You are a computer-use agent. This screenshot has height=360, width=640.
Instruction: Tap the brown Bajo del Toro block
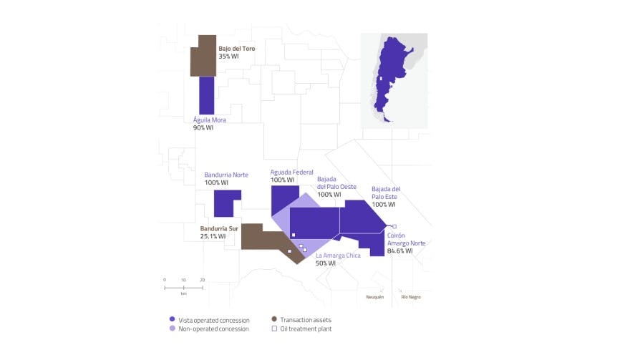pos(204,56)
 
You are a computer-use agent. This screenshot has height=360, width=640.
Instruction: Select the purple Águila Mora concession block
pos(206,94)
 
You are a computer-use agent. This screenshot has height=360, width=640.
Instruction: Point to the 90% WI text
pos(203,128)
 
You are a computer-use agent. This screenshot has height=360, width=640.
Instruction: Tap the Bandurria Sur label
pos(219,229)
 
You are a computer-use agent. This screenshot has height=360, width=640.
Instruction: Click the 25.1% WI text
pos(213,237)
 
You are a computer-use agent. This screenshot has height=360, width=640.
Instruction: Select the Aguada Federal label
pos(291,172)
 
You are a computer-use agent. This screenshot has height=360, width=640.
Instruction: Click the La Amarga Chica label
pos(338,256)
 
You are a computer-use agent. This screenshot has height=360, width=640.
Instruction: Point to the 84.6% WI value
pos(399,251)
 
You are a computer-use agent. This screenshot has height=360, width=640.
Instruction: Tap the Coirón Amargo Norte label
pos(405,239)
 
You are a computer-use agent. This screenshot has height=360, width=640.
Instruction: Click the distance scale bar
pos(183,287)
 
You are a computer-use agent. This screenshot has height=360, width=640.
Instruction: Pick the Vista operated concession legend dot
pos(171,319)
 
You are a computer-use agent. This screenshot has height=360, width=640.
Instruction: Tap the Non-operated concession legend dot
pos(171,329)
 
